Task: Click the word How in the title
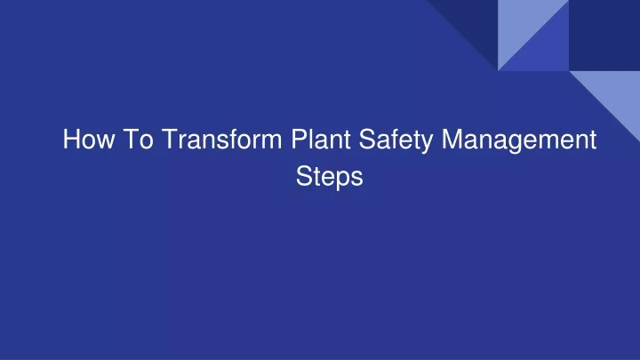[x=89, y=139]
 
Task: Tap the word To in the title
[x=138, y=139]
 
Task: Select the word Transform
[x=221, y=139]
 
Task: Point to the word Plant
[x=321, y=139]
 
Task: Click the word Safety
[x=396, y=140]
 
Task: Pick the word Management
[x=519, y=140]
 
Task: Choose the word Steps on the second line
[x=330, y=178]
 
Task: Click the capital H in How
[x=71, y=139]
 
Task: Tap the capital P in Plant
[x=299, y=139]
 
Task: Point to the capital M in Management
[x=452, y=139]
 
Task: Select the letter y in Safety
[x=426, y=144]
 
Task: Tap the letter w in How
[x=105, y=141]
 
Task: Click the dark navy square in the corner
[x=604, y=35]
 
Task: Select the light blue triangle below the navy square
[x=616, y=94]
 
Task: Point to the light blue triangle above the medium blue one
[x=522, y=23]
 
